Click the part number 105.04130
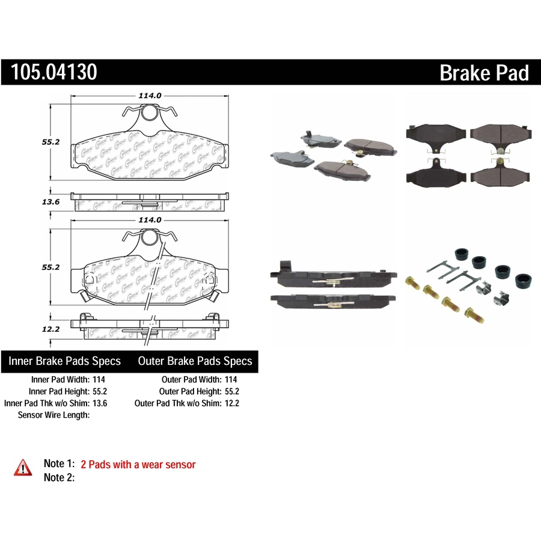54,72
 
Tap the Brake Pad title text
484,73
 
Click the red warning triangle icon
23,468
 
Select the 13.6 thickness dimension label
50,202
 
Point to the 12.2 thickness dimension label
50,329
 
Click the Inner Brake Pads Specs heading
64,361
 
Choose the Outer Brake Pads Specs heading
195,361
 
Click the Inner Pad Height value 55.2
100,391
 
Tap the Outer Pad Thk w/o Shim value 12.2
232,403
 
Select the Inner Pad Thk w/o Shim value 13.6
100,403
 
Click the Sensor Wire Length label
54,415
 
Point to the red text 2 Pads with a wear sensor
138,465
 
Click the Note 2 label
59,477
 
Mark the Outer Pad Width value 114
231,379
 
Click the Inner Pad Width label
61,379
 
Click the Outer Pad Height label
191,391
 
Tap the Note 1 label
59,463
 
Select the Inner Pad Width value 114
99,379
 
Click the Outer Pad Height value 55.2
232,391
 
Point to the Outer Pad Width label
192,379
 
